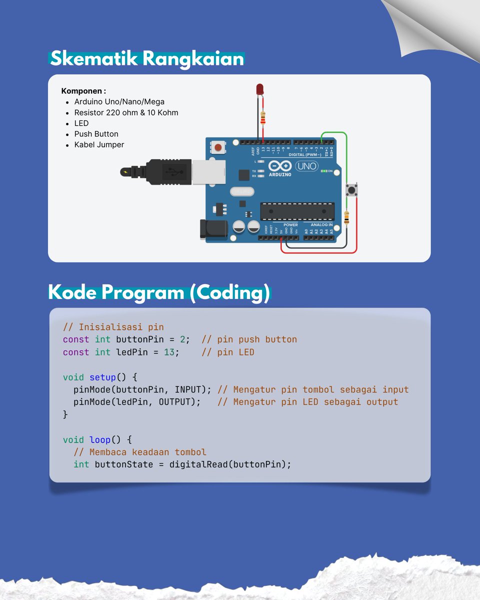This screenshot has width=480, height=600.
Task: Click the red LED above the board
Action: pos(259,89)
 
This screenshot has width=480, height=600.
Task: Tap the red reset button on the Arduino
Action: pos(218,147)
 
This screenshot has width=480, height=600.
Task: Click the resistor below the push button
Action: pos(346,218)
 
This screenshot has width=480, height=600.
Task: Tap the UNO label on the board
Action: pos(306,165)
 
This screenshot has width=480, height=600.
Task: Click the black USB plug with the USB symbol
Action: pos(170,171)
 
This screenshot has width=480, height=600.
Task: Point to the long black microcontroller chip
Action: pos(297,211)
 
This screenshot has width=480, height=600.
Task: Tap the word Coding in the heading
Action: pos(229,292)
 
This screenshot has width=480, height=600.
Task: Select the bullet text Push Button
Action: pos(96,134)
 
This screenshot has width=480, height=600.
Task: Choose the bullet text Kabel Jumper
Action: pos(99,144)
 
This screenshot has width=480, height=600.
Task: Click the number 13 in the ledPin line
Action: pos(169,352)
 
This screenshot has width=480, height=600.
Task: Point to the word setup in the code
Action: pos(102,377)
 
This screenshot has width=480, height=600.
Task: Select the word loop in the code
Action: pos(100,439)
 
